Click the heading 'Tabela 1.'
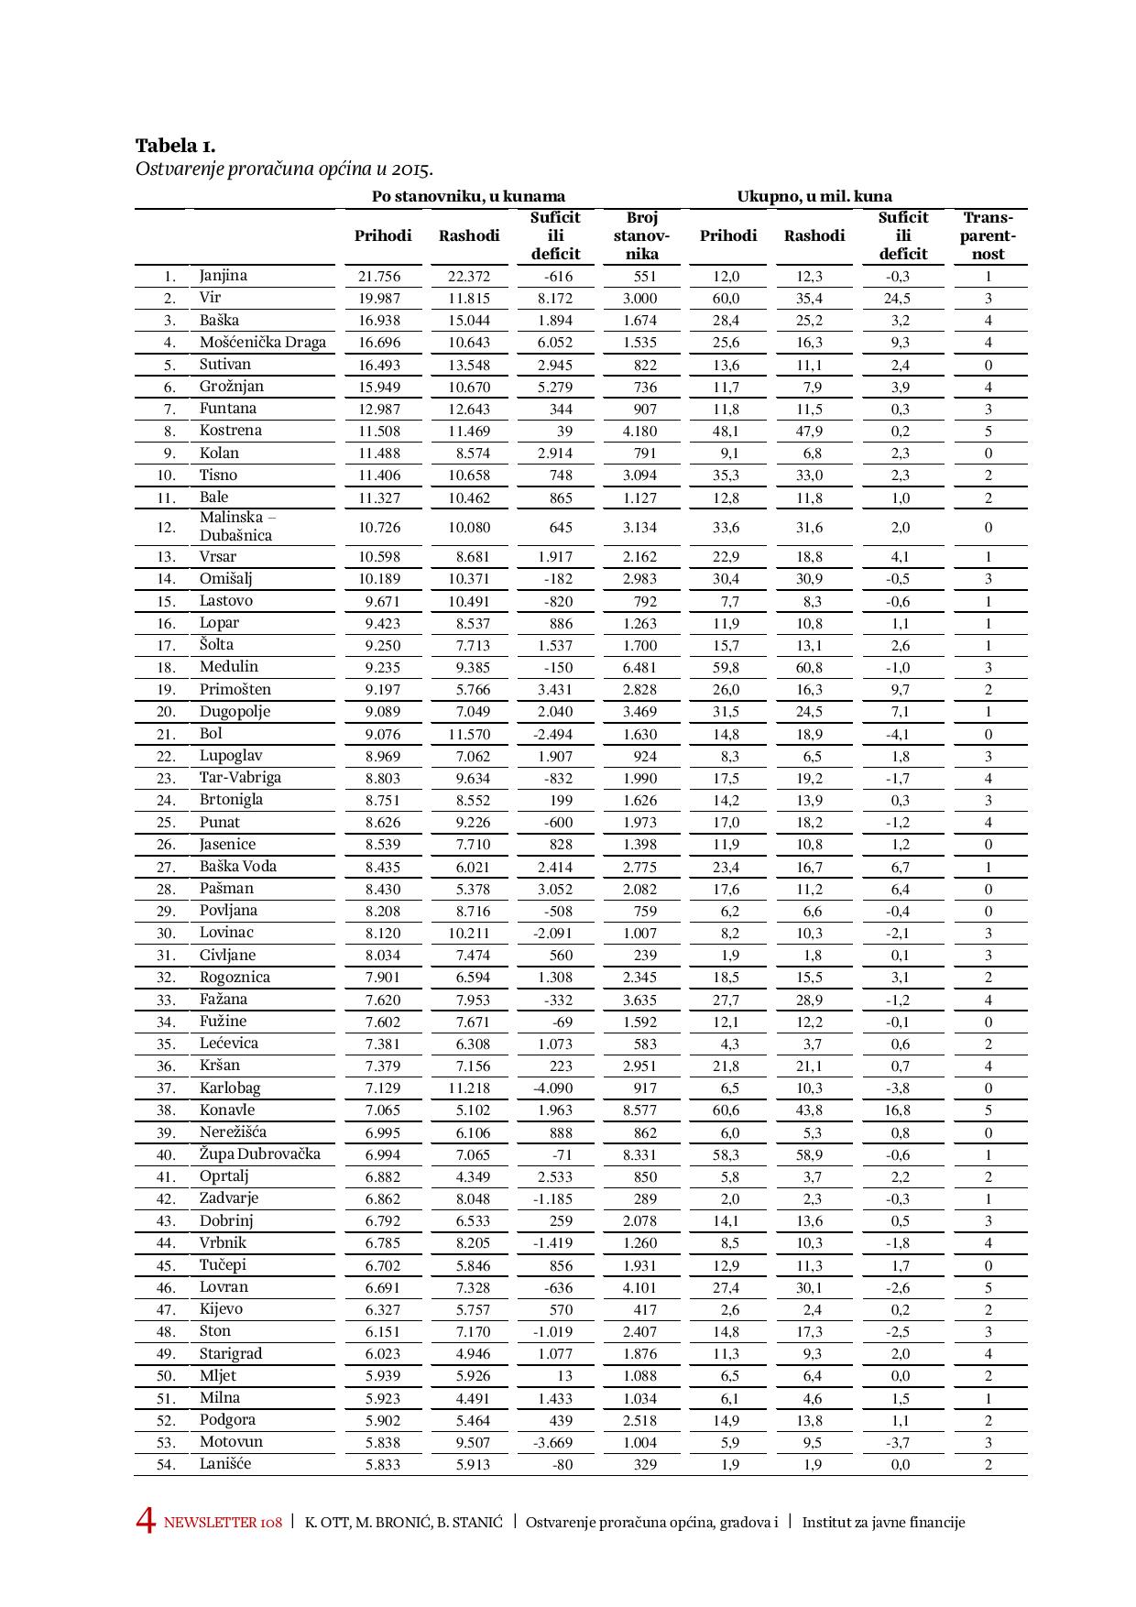coord(175,146)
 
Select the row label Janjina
coord(224,276)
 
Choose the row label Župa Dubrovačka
coord(260,1154)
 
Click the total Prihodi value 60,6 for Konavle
coord(726,1110)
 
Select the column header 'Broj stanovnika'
coord(641,235)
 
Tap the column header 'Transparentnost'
coord(988,235)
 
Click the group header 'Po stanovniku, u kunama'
coord(468,196)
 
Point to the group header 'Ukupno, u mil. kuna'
coord(814,196)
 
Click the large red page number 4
coord(146,1522)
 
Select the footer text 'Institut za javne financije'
coord(883,1523)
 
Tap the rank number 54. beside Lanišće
coord(166,1465)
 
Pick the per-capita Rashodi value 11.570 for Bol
coord(469,735)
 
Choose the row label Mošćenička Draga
coord(263,343)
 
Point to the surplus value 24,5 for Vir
coord(900,299)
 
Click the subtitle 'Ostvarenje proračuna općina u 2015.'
coord(284,169)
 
